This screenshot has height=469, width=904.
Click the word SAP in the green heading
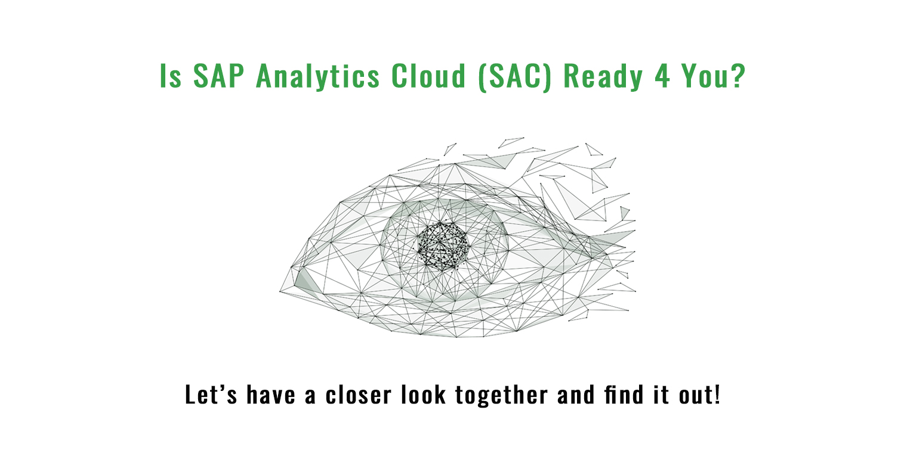tap(219, 75)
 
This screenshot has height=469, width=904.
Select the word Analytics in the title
tap(317, 76)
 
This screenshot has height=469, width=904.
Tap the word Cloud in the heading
tap(428, 75)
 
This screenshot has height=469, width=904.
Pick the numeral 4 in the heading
tap(662, 75)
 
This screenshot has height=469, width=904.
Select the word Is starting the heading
tap(170, 75)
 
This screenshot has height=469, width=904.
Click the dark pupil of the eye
tap(443, 246)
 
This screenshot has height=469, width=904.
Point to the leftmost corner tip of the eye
tap(280, 291)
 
